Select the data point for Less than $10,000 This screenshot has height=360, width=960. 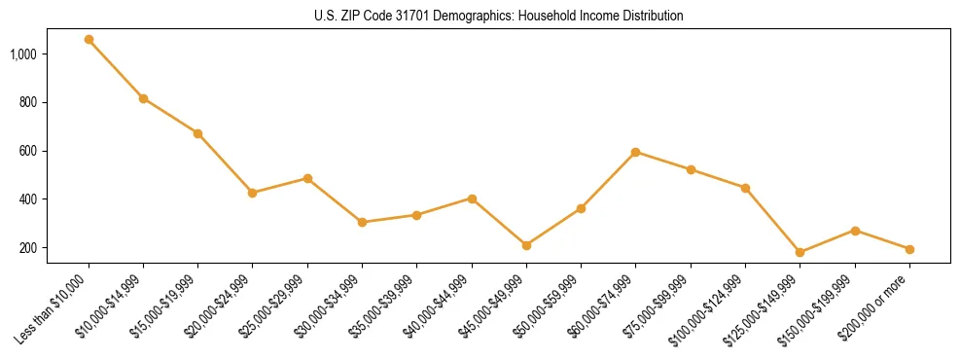pyautogui.click(x=89, y=40)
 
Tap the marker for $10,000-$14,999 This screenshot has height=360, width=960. pyautogui.click(x=143, y=98)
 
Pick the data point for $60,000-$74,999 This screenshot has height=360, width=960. pyautogui.click(x=635, y=152)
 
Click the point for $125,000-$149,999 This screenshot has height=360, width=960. pyautogui.click(x=800, y=252)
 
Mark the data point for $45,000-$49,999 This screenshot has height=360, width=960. pyautogui.click(x=526, y=245)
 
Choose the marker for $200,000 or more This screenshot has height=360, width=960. pyautogui.click(x=909, y=249)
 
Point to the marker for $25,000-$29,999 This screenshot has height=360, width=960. pyautogui.click(x=307, y=179)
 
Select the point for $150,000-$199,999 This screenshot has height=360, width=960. pyautogui.click(x=855, y=231)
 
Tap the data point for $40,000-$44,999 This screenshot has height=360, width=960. pyautogui.click(x=472, y=198)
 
